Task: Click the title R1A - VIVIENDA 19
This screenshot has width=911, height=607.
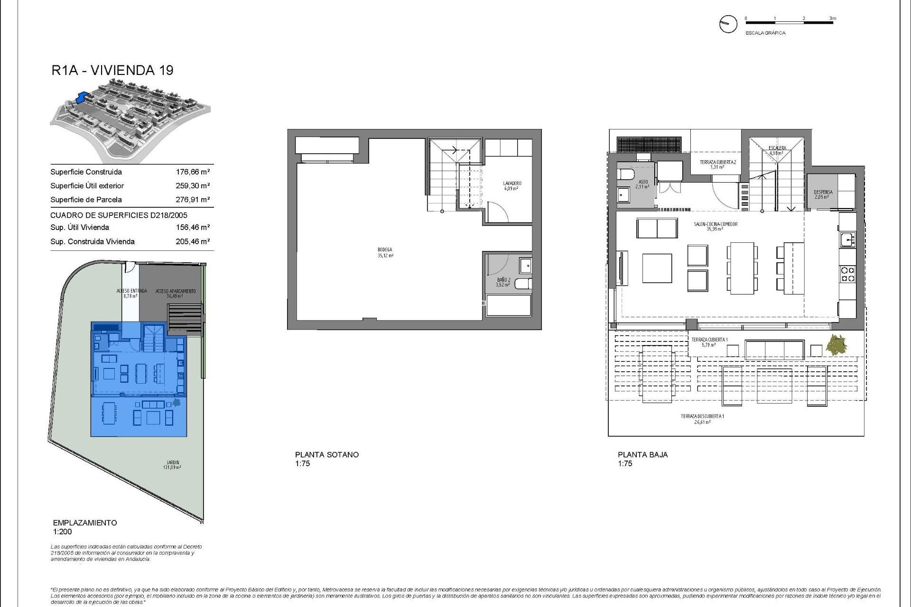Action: pyautogui.click(x=112, y=70)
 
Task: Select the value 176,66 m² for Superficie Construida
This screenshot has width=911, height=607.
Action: pyautogui.click(x=193, y=172)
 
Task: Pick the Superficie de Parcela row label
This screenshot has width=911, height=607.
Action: pyautogui.click(x=86, y=200)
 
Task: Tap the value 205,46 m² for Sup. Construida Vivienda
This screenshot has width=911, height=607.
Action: pyautogui.click(x=193, y=241)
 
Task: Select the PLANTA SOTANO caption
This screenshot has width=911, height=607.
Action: pyautogui.click(x=326, y=454)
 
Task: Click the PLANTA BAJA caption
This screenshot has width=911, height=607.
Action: pyautogui.click(x=642, y=454)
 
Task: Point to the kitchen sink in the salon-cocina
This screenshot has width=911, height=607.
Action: pyautogui.click(x=847, y=239)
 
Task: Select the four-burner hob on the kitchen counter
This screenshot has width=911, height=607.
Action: pyautogui.click(x=848, y=274)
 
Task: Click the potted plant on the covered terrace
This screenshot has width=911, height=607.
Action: pyautogui.click(x=836, y=344)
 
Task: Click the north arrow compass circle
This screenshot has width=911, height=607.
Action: pyautogui.click(x=728, y=24)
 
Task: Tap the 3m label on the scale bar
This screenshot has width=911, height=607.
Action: pyautogui.click(x=833, y=18)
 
